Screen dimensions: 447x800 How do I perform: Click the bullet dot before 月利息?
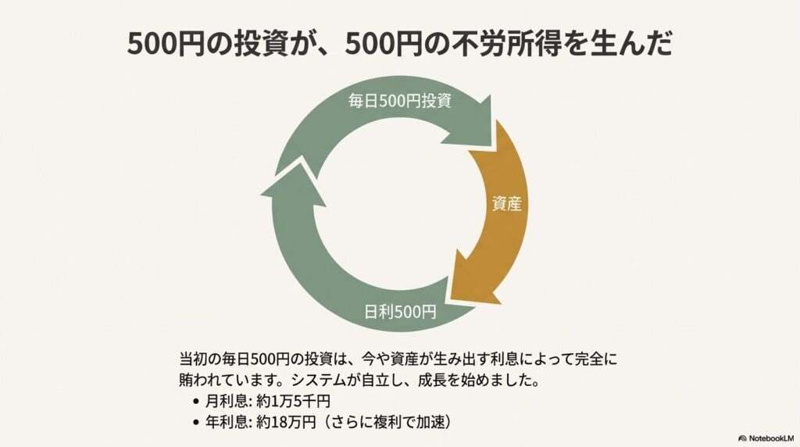(x=194, y=402)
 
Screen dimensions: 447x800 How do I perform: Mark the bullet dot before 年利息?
(x=194, y=421)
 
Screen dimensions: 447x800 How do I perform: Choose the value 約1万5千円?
(x=292, y=402)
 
